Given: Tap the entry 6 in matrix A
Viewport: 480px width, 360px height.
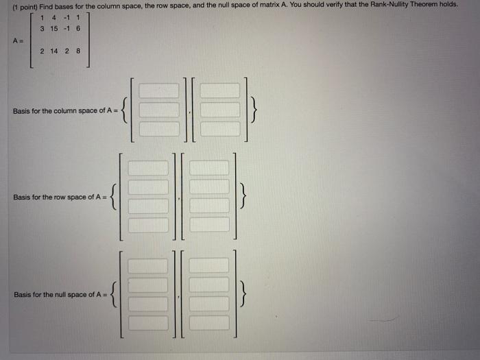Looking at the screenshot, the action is tap(80, 28).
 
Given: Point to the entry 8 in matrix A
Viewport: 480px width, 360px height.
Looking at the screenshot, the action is tap(79, 51).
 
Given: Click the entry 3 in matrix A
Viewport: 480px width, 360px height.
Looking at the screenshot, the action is tap(43, 28).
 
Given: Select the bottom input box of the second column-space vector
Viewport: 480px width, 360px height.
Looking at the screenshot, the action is tap(220, 128).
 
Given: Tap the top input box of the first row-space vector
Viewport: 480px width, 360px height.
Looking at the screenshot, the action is tap(148, 168).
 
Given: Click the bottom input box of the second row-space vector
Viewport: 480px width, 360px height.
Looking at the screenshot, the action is tap(209, 224).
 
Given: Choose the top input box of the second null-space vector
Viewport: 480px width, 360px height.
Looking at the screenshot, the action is tap(209, 265).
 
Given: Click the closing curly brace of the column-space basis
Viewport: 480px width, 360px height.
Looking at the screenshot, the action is tap(254, 110).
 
